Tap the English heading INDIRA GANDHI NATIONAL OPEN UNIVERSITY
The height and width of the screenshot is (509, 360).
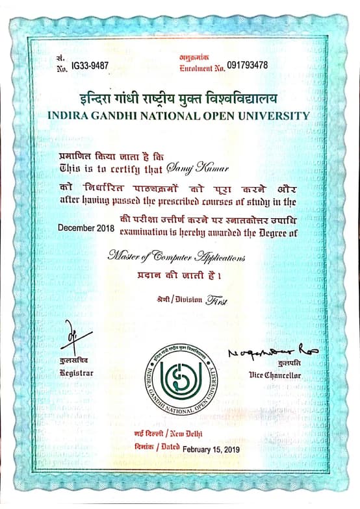point(179,116)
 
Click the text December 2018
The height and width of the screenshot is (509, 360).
point(86,229)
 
